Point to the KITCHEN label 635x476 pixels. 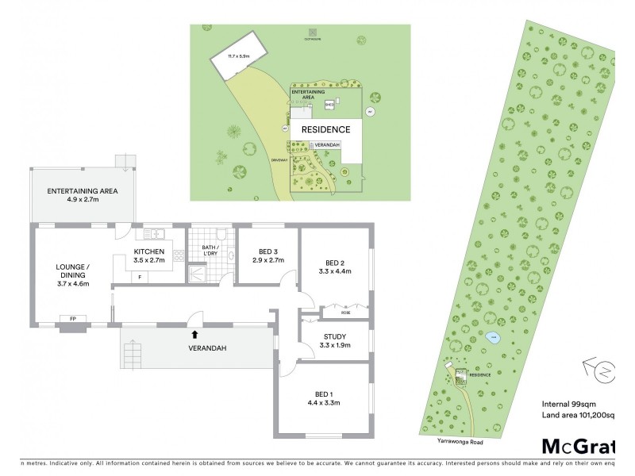pos(149,250)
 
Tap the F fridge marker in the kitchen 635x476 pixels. pos(140,277)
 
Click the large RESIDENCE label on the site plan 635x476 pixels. pos(325,129)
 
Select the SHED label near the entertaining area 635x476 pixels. pos(329,103)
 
